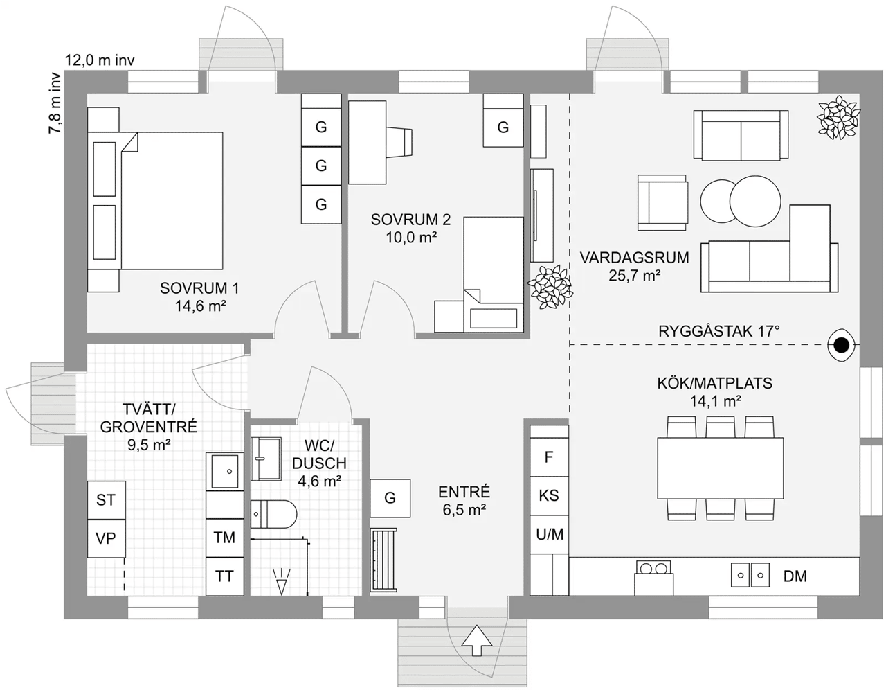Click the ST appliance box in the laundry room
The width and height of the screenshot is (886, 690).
tap(107, 500)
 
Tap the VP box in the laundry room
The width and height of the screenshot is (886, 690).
tap(107, 538)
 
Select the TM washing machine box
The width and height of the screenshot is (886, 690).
tap(225, 538)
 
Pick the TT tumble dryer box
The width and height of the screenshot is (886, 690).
tap(225, 576)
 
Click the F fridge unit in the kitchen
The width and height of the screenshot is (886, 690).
tap(549, 457)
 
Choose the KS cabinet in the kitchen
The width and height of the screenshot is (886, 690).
tap(549, 496)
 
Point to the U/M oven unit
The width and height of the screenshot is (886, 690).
tap(549, 535)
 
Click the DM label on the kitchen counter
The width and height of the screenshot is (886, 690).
tap(795, 576)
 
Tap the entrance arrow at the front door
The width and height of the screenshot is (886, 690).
tap(477, 641)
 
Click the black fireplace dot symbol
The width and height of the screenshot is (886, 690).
tap(841, 346)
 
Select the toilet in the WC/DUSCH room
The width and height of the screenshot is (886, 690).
tap(273, 514)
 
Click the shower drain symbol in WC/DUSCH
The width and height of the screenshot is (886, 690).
tap(282, 581)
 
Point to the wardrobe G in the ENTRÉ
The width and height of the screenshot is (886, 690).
tap(390, 498)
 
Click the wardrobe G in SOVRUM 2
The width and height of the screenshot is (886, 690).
tap(503, 127)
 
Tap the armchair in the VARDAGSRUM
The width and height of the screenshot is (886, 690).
tap(663, 203)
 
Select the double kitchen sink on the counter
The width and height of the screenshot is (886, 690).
tap(750, 575)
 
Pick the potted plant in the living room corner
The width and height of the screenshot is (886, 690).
tap(838, 118)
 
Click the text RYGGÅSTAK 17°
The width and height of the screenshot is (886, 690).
tap(718, 331)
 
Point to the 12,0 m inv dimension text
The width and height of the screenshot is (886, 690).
tap(100, 60)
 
